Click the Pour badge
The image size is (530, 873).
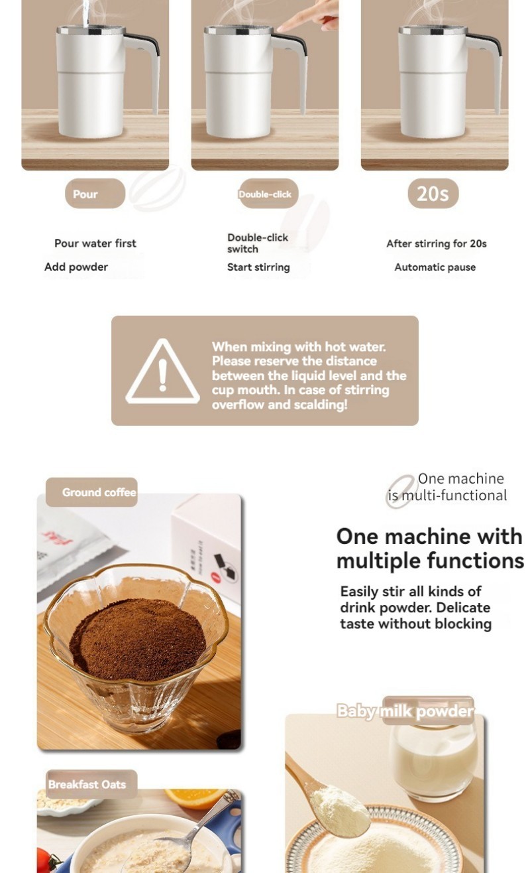pyautogui.click(x=95, y=193)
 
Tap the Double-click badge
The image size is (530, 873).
pyautogui.click(x=268, y=193)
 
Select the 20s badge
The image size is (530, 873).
pyautogui.click(x=433, y=193)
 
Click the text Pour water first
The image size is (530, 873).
pyautogui.click(x=95, y=243)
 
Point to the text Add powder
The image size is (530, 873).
pyautogui.click(x=76, y=267)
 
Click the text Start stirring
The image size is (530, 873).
pyautogui.click(x=258, y=267)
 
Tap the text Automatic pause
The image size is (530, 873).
pyautogui.click(x=435, y=267)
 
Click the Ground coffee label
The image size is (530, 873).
pyautogui.click(x=92, y=492)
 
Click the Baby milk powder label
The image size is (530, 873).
pyautogui.click(x=405, y=711)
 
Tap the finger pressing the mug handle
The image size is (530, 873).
pyautogui.click(x=307, y=17)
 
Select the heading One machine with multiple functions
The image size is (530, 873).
pyautogui.click(x=430, y=549)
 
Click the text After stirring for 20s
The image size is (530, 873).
pyautogui.click(x=437, y=243)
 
